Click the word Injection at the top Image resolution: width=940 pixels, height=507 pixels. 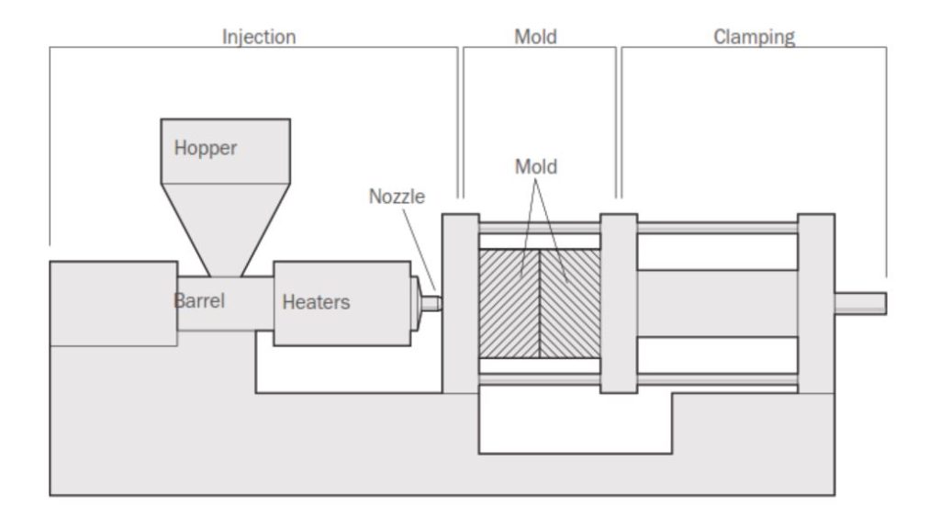259,38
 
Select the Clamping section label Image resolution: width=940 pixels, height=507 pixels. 754,38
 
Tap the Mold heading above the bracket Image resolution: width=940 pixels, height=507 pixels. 535,38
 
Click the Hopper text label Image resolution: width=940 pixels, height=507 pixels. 206,148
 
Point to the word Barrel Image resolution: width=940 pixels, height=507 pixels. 200,299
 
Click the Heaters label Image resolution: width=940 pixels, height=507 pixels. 316,301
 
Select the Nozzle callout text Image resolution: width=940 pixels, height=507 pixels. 397,197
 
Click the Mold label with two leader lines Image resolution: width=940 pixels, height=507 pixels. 535,167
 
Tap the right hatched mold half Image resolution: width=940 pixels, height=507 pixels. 569,303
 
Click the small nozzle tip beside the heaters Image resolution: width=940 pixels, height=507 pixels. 434,301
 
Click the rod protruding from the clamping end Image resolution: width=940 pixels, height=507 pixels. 860,303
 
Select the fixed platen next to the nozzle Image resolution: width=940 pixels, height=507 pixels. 460,303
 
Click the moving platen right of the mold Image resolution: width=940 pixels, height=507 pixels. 619,303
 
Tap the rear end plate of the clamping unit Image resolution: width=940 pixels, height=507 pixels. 815,303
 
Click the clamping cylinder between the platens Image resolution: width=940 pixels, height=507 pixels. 717,303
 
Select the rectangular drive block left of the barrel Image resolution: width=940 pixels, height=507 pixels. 113,303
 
